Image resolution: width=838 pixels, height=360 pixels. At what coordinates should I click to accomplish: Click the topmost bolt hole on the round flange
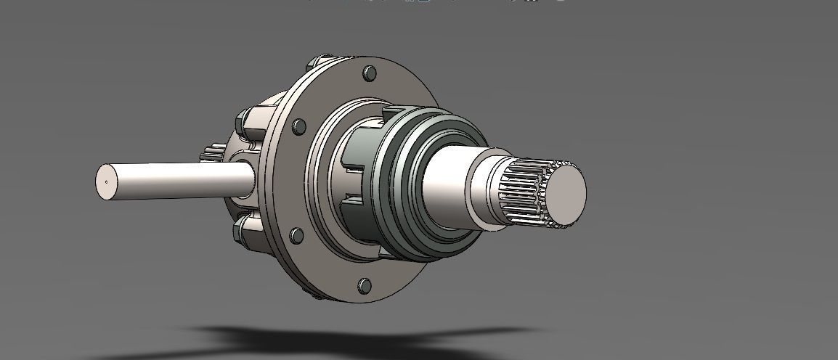click(369, 73)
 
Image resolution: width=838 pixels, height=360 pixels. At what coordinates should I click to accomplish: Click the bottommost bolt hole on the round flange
click(365, 285)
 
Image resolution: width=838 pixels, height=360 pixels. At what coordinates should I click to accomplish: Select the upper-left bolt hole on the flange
click(298, 127)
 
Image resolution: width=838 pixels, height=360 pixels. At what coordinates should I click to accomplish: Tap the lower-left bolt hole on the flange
click(295, 235)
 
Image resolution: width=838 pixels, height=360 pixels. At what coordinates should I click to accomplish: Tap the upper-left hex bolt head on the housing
click(243, 118)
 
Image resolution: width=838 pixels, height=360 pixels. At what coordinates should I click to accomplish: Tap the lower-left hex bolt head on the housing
click(240, 231)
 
